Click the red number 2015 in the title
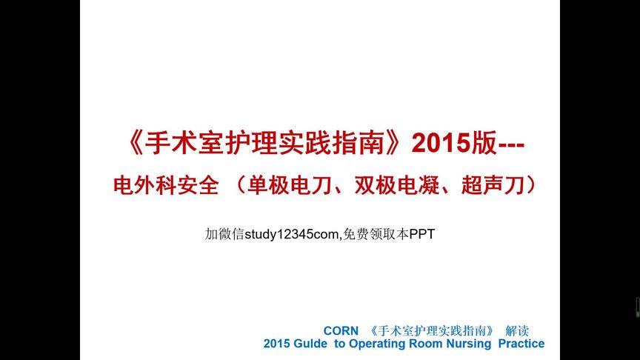[441, 143]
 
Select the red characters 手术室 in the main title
[184, 143]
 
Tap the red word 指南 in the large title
[359, 143]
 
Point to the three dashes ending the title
[511, 145]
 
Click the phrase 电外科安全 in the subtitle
[166, 185]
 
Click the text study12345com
[291, 235]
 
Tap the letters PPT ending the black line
[422, 234]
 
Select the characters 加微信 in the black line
[224, 234]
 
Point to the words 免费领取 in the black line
[370, 234]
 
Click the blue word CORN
[341, 330]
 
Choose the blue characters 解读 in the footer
[517, 330]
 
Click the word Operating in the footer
[377, 344]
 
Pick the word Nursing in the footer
[469, 344]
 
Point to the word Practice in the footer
[521, 344]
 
